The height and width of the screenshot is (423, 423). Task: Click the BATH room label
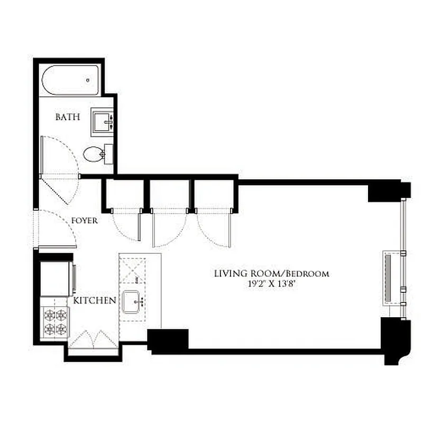[68, 117]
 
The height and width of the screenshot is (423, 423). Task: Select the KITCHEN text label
[95, 300]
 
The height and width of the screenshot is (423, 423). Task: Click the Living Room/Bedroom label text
[271, 273]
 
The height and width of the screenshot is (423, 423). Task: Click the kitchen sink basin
[132, 302]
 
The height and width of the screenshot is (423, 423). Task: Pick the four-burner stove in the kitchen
[56, 322]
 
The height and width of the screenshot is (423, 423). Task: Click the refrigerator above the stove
[56, 277]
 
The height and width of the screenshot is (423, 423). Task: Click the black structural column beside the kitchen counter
[168, 341]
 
